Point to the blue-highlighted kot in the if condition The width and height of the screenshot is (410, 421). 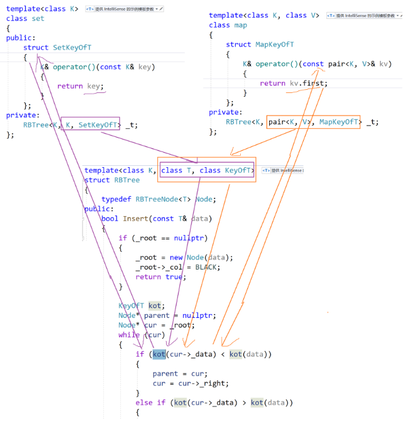[159, 354]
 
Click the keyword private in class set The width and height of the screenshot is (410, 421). [21, 115]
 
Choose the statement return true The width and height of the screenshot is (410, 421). [160, 277]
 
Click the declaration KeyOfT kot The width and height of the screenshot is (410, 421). [140, 306]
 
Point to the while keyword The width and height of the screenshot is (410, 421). [129, 335]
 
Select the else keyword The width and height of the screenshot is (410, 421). [144, 403]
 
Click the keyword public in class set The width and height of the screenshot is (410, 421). [19, 38]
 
